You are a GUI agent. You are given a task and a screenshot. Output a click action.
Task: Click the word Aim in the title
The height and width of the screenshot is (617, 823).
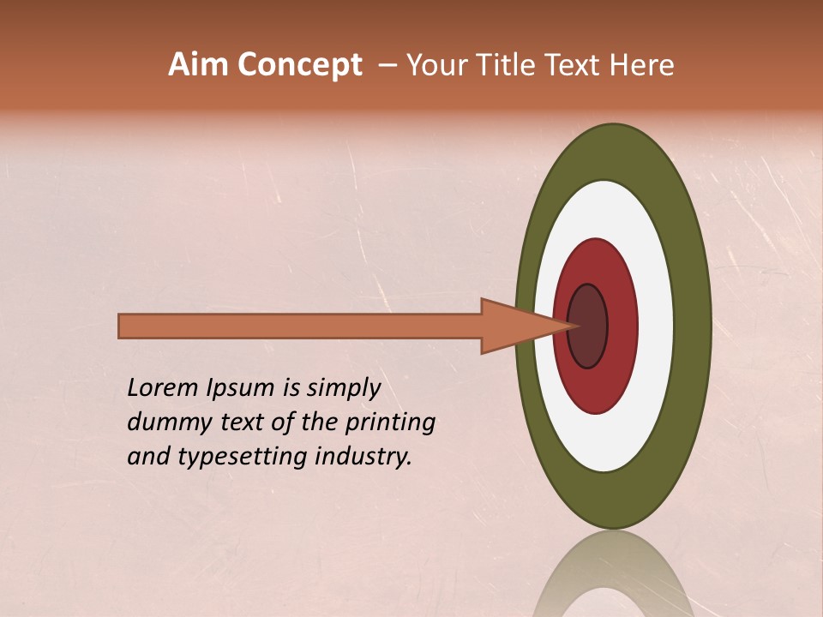(199, 65)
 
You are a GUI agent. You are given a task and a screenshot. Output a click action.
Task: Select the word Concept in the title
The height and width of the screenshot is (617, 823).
(299, 66)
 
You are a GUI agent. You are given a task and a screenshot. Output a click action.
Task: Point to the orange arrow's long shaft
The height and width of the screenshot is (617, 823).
(300, 326)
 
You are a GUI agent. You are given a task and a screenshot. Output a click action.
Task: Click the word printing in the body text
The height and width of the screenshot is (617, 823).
(391, 423)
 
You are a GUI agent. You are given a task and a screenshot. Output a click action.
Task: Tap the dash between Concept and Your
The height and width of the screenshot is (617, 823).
(387, 66)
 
